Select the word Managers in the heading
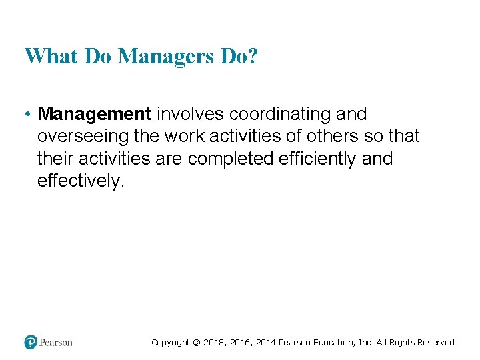coord(165,56)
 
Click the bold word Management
coord(95,114)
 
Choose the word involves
coord(190,114)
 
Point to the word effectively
coord(79,181)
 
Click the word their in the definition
coord(56,159)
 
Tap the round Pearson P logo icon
coord(31,342)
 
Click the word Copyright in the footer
coord(171,343)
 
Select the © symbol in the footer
coord(197,343)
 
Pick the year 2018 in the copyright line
coord(215,343)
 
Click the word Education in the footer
coord(333,343)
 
